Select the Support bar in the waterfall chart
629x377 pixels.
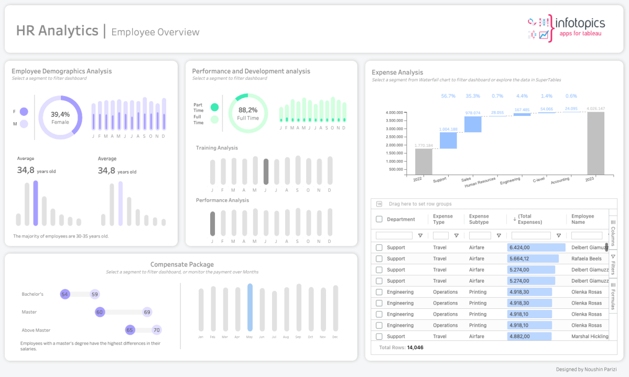pyautogui.click(x=448, y=140)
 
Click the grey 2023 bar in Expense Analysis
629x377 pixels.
pyautogui.click(x=595, y=143)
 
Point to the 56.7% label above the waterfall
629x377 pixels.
pyautogui.click(x=448, y=96)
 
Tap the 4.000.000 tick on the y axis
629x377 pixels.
pyautogui.click(x=394, y=113)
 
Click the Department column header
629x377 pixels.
pyautogui.click(x=401, y=219)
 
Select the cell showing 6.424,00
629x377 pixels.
pyautogui.click(x=536, y=247)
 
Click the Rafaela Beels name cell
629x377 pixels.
pyautogui.click(x=587, y=258)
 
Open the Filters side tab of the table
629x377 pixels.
pyautogui.click(x=613, y=265)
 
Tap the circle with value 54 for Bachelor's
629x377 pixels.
pyautogui.click(x=65, y=294)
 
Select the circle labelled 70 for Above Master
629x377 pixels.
pyautogui.click(x=156, y=330)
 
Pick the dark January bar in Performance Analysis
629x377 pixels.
pyautogui.click(x=212, y=224)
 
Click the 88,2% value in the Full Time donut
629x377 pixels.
pyautogui.click(x=248, y=110)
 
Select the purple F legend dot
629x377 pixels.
pyautogui.click(x=24, y=112)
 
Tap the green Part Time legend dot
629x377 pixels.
pyautogui.click(x=214, y=107)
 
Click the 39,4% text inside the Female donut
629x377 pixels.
pyautogui.click(x=60, y=114)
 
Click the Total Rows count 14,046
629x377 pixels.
pyautogui.click(x=415, y=348)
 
